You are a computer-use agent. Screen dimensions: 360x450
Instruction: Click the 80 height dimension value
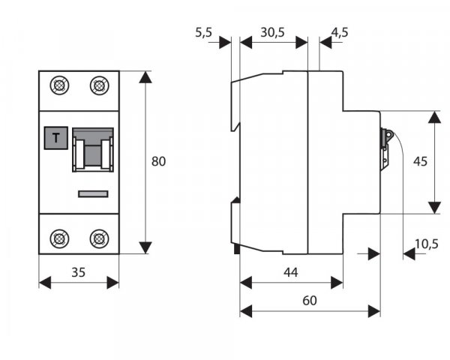pos(158,161)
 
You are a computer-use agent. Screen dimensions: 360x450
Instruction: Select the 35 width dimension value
pos(78,273)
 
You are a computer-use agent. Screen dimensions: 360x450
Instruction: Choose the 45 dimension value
pos(420,161)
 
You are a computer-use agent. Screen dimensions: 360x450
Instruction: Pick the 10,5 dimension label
pos(426,242)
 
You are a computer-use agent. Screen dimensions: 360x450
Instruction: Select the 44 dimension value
pos(291,273)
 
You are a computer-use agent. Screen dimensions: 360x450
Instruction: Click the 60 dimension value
pos(309,301)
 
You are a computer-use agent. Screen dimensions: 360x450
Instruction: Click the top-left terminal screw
pos(58,85)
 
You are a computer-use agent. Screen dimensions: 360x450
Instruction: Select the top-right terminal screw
pos(98,85)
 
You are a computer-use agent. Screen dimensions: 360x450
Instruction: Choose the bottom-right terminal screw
pos(98,238)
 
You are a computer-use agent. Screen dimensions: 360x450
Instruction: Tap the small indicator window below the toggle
pos(94,194)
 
